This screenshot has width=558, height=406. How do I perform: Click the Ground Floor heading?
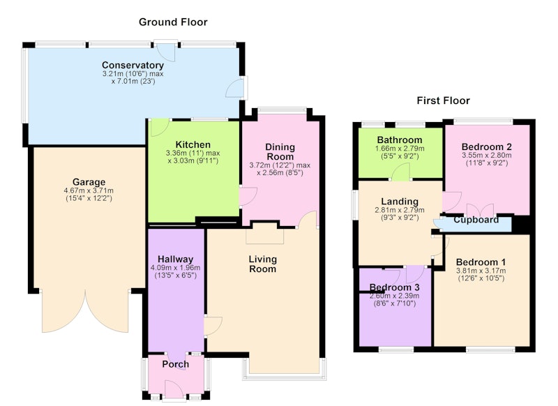pos(173,22)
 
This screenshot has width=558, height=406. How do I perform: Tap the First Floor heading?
pos(443,100)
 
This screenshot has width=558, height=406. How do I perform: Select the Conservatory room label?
pos(133,65)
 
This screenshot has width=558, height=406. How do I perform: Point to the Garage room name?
pos(89,182)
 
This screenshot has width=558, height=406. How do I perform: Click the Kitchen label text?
pos(193,144)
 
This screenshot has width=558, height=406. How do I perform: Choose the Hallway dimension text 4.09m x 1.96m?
pos(176,268)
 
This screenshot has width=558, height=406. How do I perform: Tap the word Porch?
pos(176,364)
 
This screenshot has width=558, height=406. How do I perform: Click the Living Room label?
pos(263,264)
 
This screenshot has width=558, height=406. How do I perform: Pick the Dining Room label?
pos(280,151)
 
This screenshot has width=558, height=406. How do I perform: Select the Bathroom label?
pos(400,140)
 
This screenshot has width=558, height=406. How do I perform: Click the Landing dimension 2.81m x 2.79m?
pos(400,210)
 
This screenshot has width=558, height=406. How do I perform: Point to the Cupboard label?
pos(476,220)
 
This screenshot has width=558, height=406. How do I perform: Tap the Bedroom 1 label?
pos(481,262)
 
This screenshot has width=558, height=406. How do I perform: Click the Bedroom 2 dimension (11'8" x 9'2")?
pos(487,163)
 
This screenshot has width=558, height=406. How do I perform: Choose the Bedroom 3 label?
pos(394,287)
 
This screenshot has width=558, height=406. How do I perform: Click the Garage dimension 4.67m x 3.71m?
pos(89,190)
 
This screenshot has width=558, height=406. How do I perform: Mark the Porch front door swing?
pos(174,389)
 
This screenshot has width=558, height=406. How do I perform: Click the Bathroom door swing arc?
pos(400,171)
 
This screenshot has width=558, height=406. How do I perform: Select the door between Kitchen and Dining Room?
pos(248,196)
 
